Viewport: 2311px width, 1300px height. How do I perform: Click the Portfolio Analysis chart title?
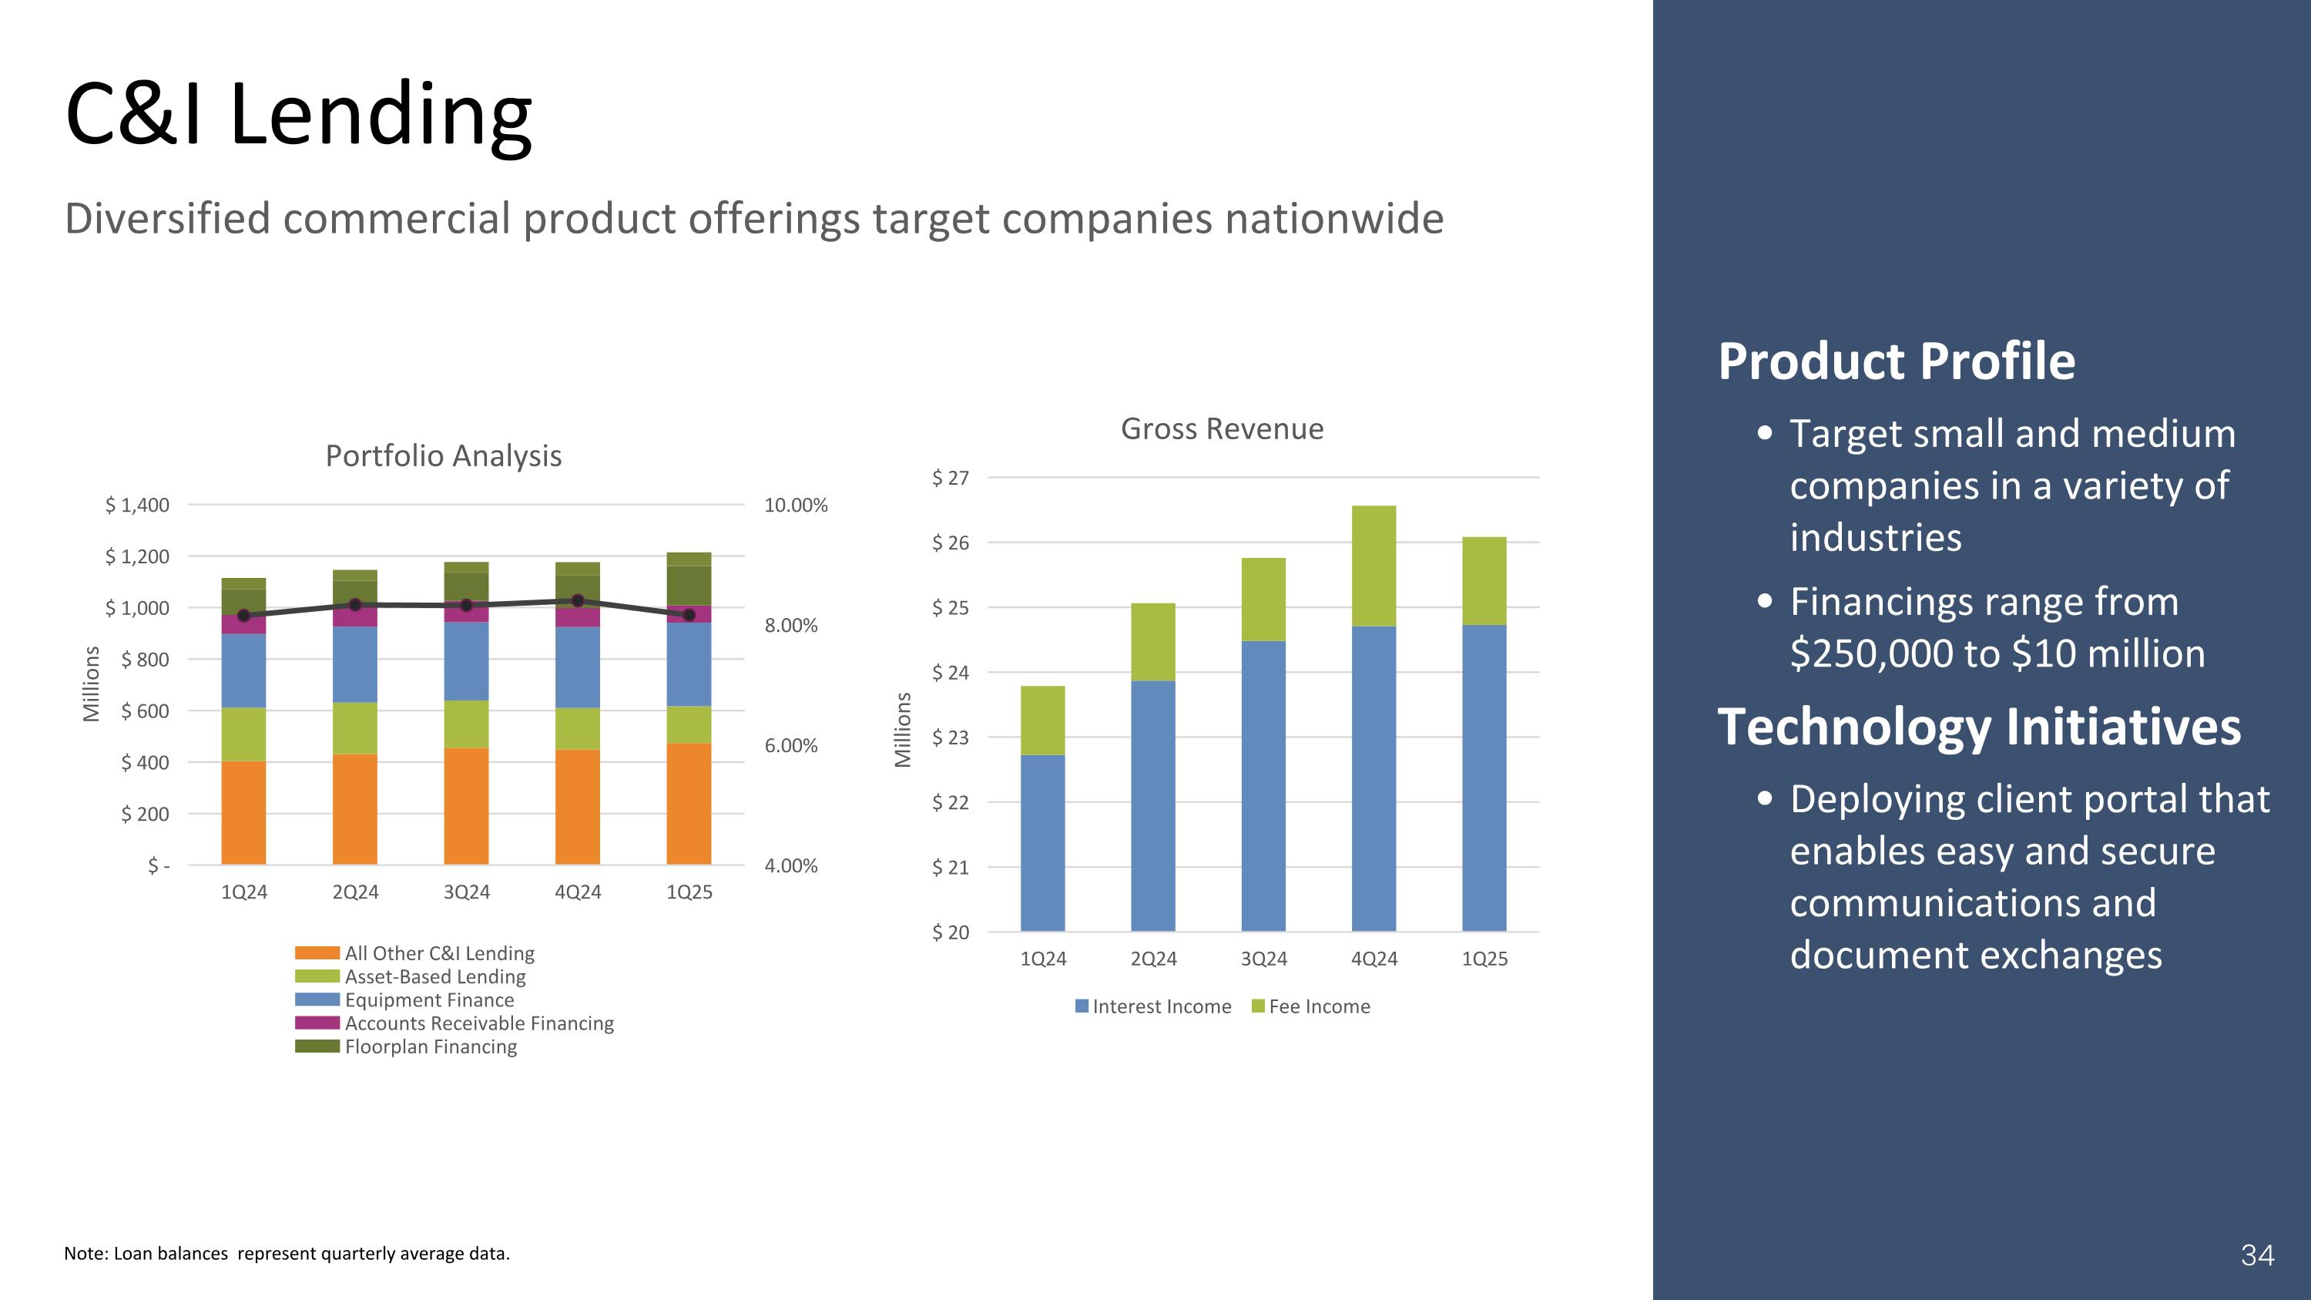click(x=443, y=455)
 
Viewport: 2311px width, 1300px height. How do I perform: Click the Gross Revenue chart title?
click(x=1222, y=429)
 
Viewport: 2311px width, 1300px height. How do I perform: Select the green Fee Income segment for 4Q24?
click(x=1374, y=566)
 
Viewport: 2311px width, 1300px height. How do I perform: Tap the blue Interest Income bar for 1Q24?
click(x=1042, y=842)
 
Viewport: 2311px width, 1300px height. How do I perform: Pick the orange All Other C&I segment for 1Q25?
click(x=688, y=803)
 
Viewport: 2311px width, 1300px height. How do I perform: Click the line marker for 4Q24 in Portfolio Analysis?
click(x=578, y=601)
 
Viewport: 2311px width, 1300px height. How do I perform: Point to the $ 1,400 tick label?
click(x=137, y=505)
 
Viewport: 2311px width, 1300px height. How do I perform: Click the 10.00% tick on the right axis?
click(x=796, y=505)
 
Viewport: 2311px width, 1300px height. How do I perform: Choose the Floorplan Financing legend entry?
click(x=430, y=1047)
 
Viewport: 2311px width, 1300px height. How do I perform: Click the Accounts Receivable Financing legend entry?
click(x=478, y=1023)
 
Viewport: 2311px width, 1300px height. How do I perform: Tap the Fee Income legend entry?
click(x=1319, y=1006)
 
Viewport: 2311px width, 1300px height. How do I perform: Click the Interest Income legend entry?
click(x=1161, y=1006)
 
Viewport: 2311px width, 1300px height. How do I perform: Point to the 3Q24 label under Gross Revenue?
click(x=1263, y=959)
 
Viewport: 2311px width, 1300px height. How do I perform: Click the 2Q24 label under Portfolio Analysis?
click(x=355, y=892)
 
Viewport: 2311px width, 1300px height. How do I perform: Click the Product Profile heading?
click(x=1896, y=361)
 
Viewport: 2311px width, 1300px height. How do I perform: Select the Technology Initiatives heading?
click(x=1978, y=727)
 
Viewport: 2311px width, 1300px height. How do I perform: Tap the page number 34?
click(x=2257, y=1255)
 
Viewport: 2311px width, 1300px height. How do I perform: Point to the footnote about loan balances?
click(x=287, y=1253)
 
